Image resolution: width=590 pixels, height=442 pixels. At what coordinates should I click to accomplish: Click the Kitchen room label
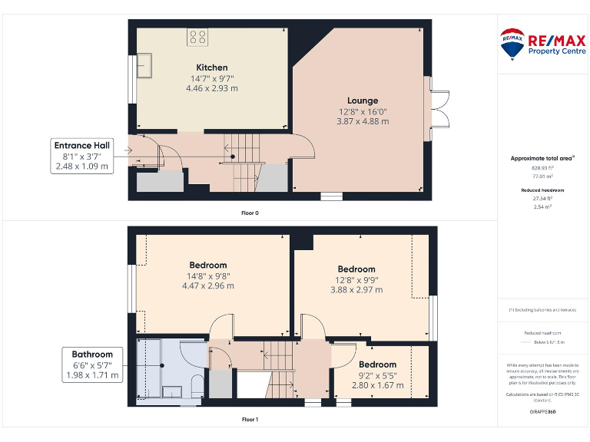pos(211,68)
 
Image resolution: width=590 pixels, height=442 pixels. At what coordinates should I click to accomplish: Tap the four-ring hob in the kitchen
pos(197,37)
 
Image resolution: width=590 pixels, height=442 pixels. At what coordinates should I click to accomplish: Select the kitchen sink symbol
pos(146,68)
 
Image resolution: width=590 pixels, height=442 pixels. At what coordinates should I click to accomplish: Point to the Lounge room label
pos(362,101)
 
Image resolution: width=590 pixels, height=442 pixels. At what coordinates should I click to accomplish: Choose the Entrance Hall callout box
pos(81,155)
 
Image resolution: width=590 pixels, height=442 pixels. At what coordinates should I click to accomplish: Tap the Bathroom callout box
pos(92,364)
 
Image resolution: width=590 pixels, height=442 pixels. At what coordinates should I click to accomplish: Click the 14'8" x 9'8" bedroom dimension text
pos(207,276)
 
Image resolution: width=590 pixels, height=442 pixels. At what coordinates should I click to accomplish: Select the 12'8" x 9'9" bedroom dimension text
pos(356,280)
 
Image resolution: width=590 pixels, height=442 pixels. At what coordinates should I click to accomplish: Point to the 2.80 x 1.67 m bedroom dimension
pos(377,384)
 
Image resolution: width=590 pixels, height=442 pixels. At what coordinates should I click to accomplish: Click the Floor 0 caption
pos(250,213)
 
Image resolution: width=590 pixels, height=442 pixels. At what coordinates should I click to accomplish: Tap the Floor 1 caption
pos(250,420)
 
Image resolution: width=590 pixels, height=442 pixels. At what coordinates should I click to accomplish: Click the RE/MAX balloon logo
pos(512,44)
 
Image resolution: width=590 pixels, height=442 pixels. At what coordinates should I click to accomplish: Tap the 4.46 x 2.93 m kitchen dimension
pos(211,88)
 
